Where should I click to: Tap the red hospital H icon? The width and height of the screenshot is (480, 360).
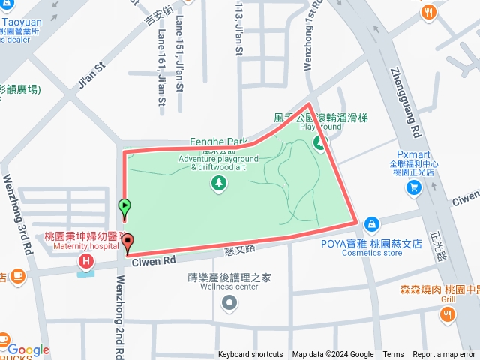[x=86, y=261]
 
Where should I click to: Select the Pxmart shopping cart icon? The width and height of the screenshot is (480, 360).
[x=412, y=187]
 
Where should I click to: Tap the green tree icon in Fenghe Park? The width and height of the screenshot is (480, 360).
[x=219, y=183]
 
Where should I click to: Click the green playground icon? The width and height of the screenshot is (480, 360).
[x=321, y=142]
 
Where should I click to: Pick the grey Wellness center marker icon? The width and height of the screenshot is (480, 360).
[x=229, y=304]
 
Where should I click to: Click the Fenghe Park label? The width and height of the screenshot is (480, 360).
[x=219, y=141]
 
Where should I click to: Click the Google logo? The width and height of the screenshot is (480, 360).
[x=28, y=350]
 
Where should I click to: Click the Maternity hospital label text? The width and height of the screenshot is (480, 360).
[x=82, y=245]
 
